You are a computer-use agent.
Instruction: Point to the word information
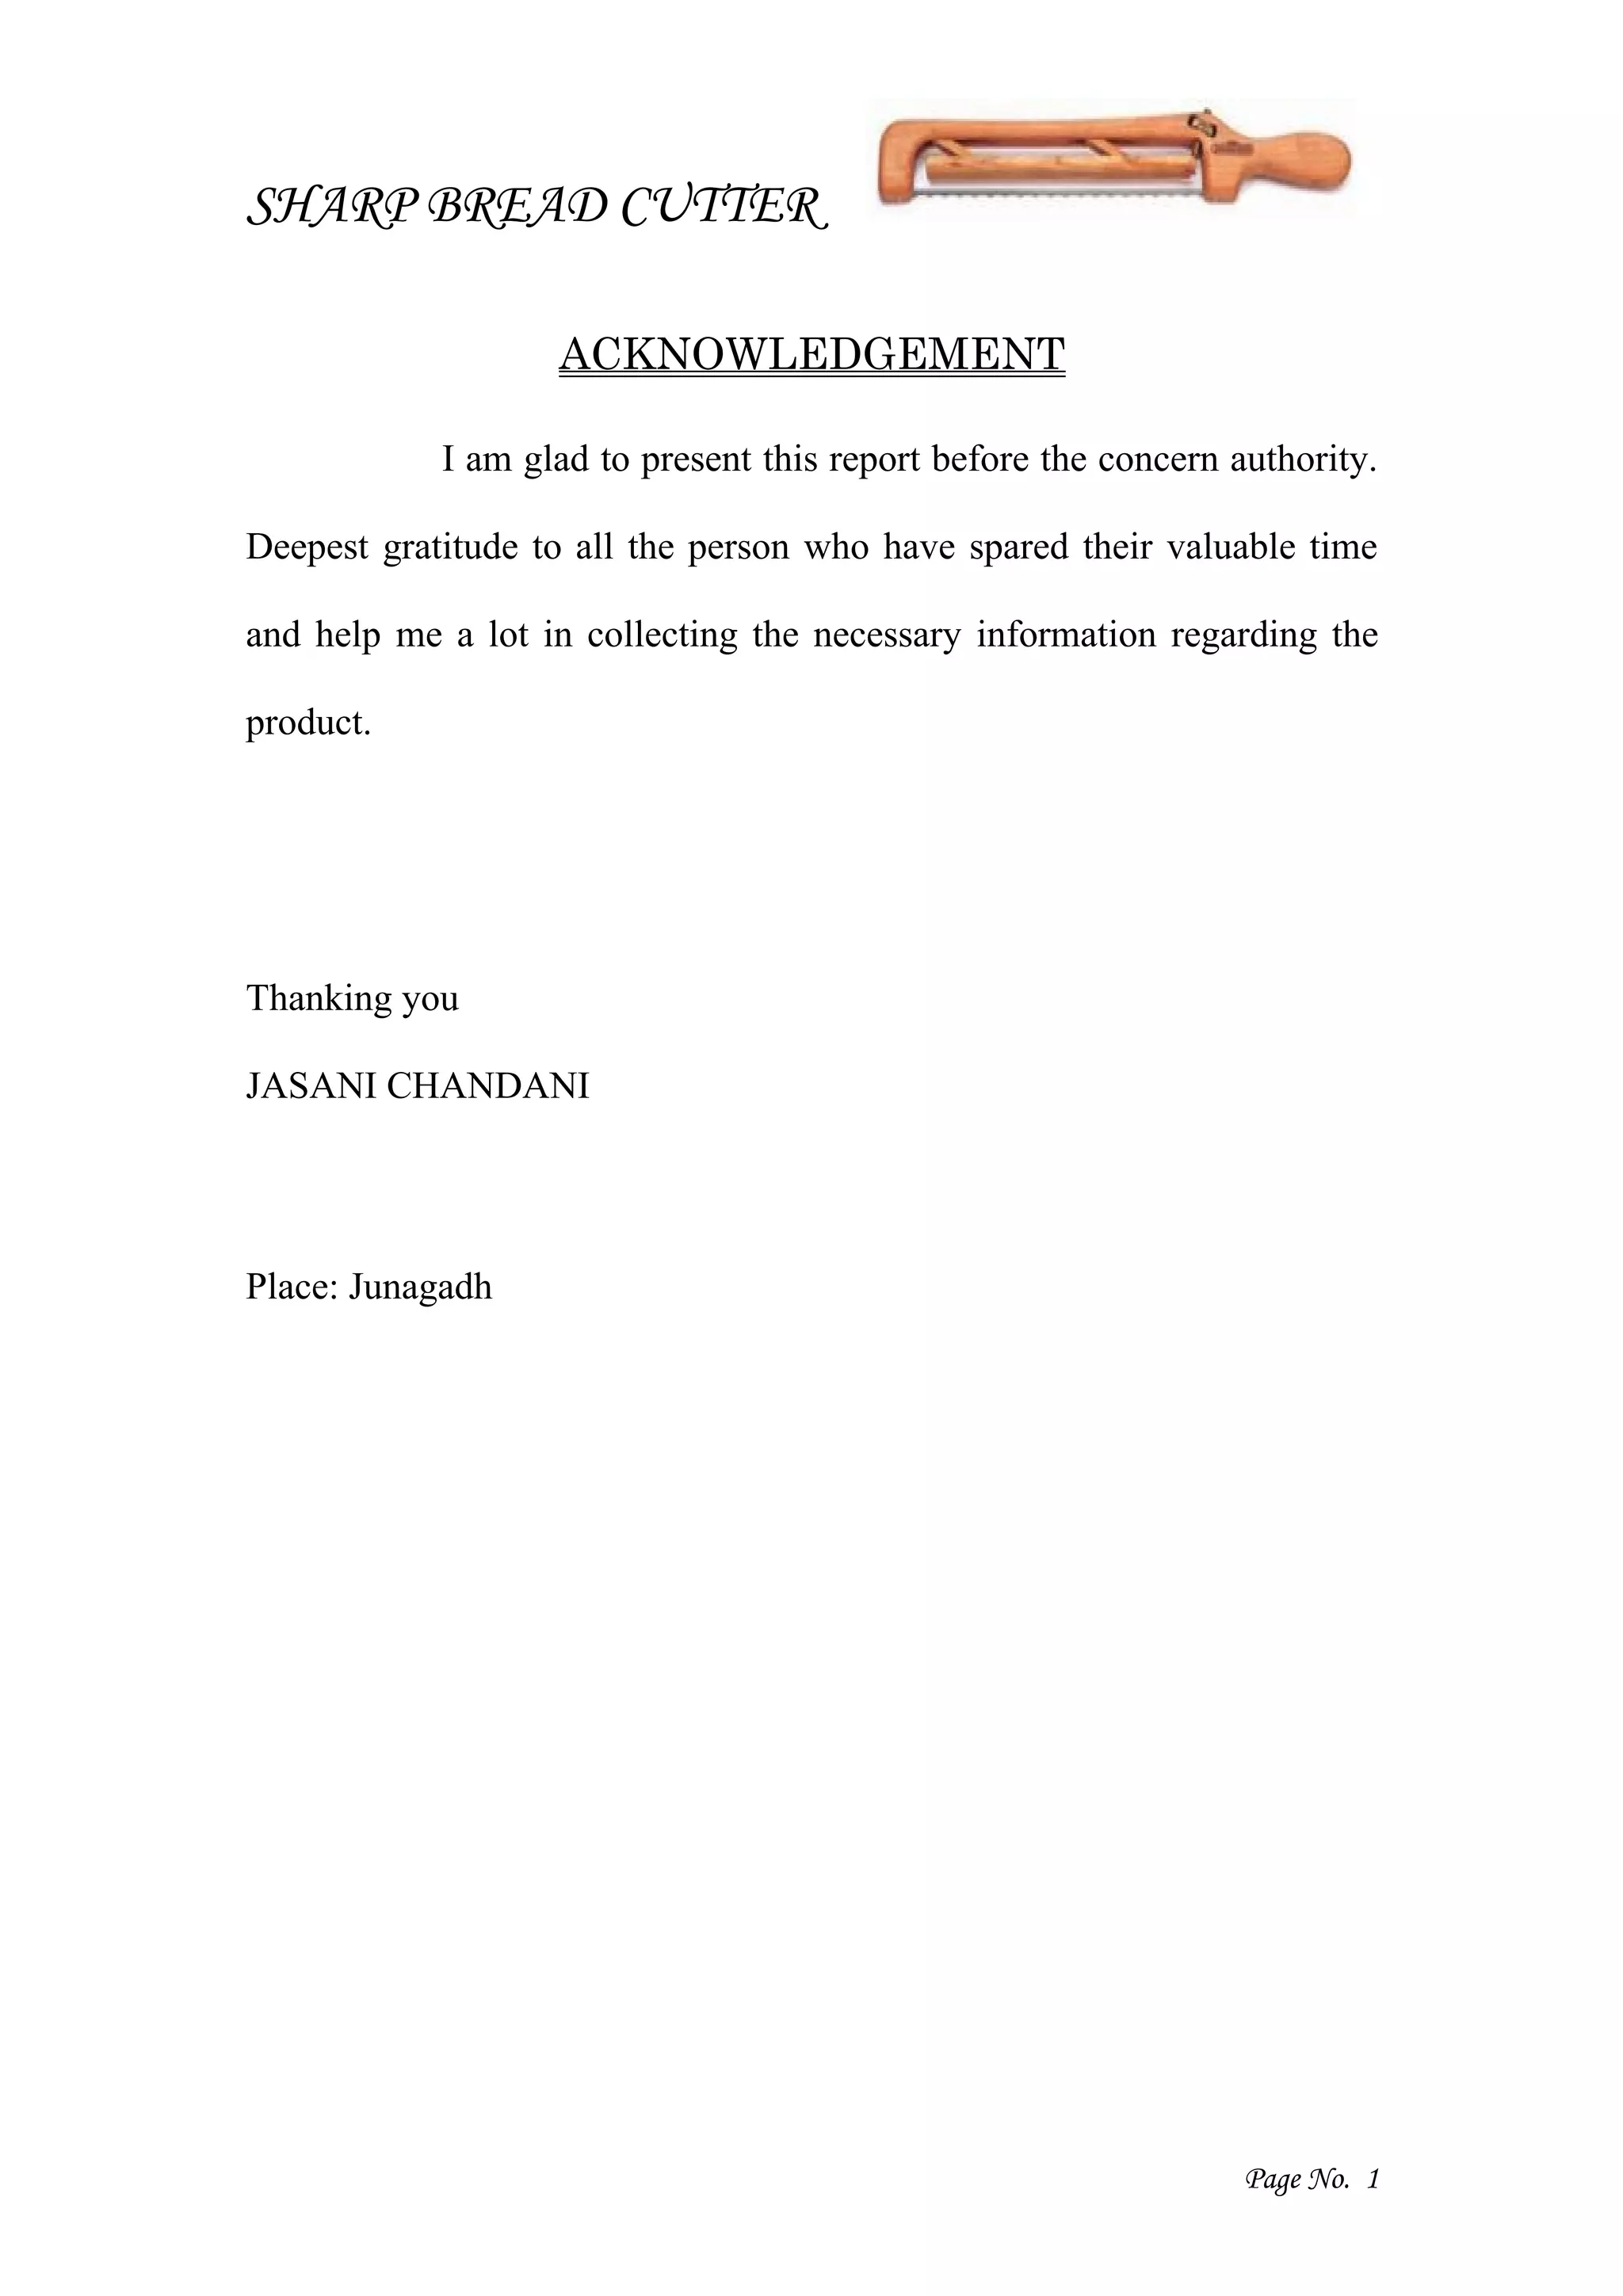point(1066,635)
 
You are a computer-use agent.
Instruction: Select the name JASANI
point(310,1086)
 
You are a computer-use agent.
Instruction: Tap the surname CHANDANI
point(488,1086)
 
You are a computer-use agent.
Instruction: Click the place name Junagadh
point(420,1286)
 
